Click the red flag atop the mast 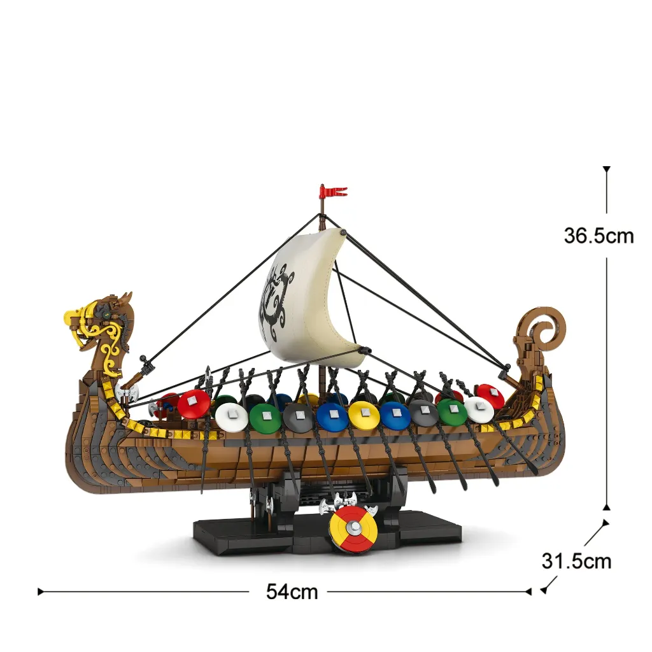click(334, 192)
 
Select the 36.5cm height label click(599, 236)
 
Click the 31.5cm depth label click(576, 562)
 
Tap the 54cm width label click(292, 592)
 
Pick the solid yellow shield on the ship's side click(364, 415)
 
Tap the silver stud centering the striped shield click(354, 527)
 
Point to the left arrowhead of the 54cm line click(40, 592)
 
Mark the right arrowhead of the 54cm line click(528, 592)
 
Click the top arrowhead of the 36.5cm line click(607, 169)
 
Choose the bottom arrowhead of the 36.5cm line click(607, 507)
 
